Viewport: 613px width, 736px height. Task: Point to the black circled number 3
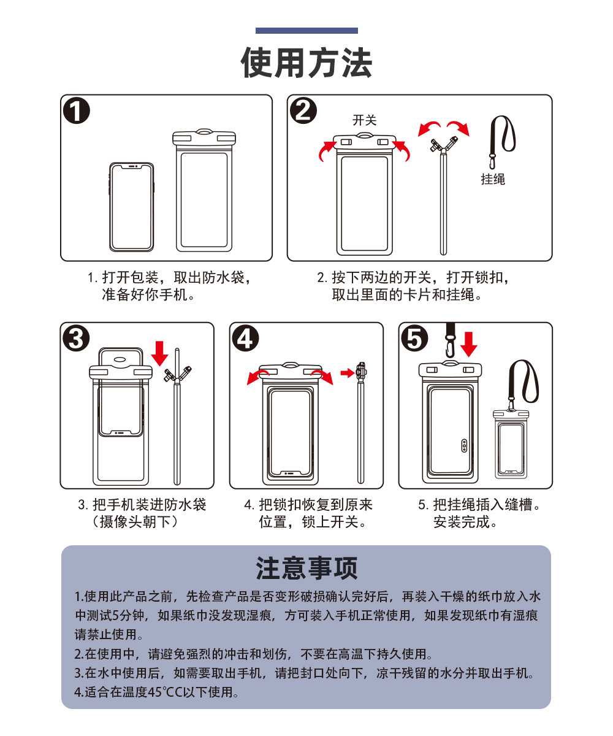pyautogui.click(x=76, y=339)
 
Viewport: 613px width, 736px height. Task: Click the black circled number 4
pyautogui.click(x=245, y=339)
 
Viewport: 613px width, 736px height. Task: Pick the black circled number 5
pyautogui.click(x=414, y=339)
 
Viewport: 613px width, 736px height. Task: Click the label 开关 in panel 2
pyautogui.click(x=364, y=120)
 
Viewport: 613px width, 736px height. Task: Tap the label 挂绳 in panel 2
pyautogui.click(x=493, y=179)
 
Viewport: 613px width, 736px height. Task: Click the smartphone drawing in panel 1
pyautogui.click(x=132, y=206)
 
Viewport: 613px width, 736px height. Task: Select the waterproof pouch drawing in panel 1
pyautogui.click(x=204, y=191)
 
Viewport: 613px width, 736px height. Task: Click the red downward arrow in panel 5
pyautogui.click(x=469, y=343)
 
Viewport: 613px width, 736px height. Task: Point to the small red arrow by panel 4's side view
pyautogui.click(x=348, y=372)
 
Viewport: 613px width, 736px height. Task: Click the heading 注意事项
pyautogui.click(x=306, y=569)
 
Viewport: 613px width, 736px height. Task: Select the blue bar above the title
pyautogui.click(x=306, y=31)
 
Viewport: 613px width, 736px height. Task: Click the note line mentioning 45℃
pyautogui.click(x=156, y=692)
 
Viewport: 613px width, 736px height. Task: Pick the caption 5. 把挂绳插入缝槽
pyautogui.click(x=481, y=505)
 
